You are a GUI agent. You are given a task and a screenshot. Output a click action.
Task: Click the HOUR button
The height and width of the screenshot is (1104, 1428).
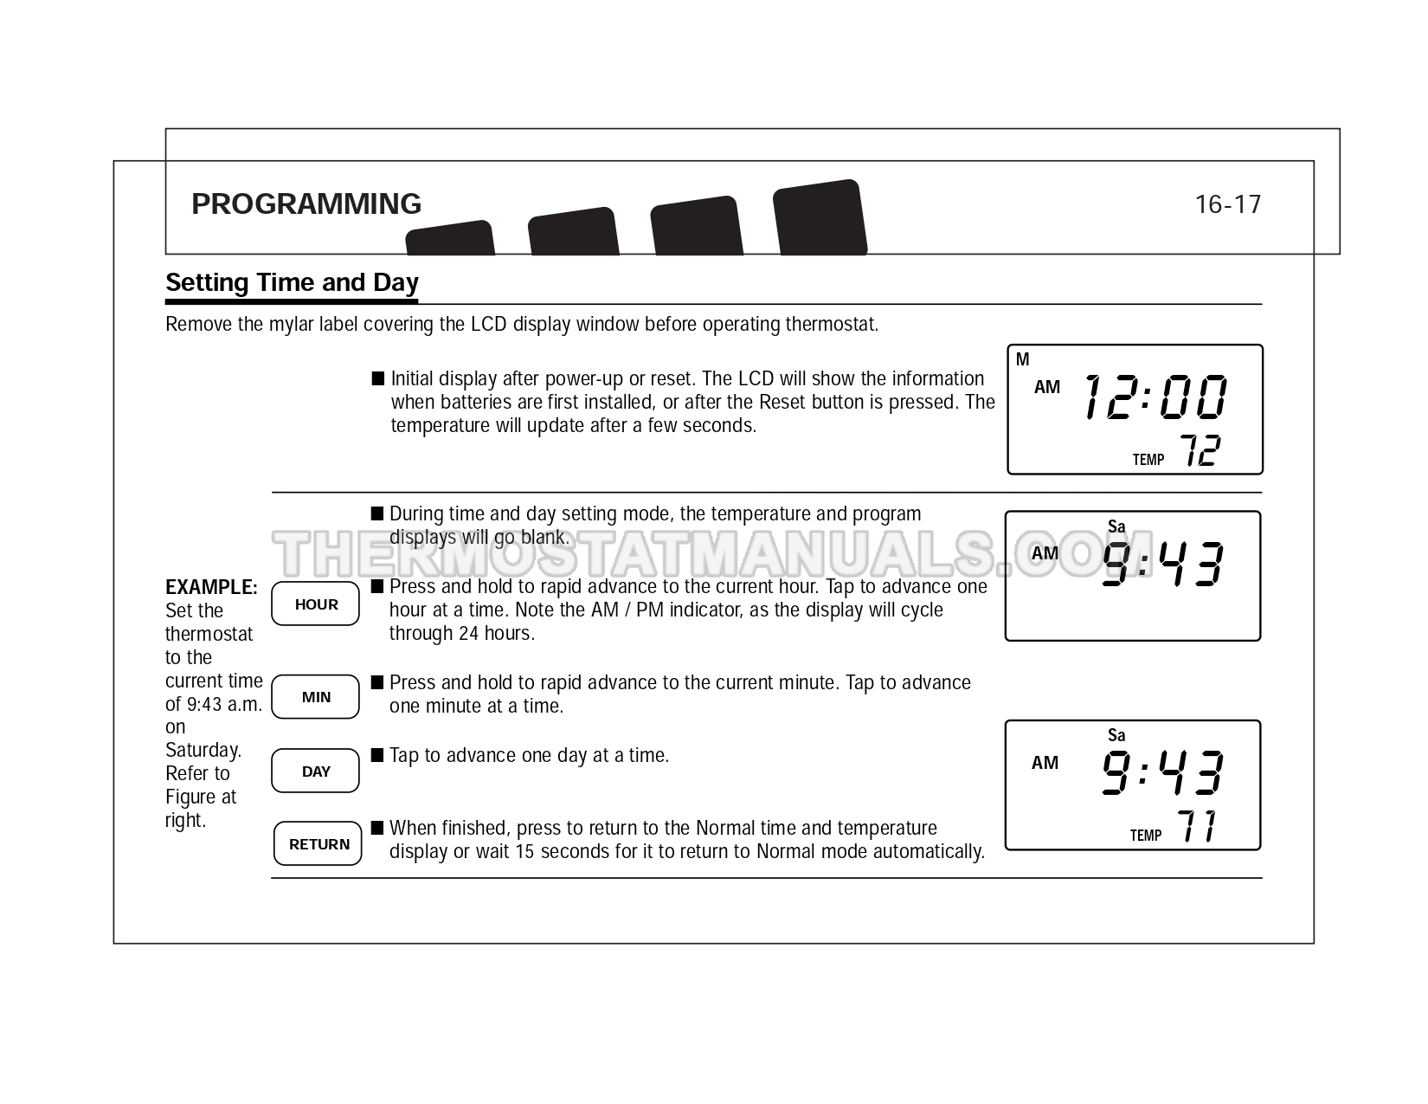[315, 603]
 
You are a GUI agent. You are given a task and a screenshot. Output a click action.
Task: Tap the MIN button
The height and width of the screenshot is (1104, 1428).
[315, 696]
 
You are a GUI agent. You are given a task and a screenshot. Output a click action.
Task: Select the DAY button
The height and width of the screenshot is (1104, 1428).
[315, 771]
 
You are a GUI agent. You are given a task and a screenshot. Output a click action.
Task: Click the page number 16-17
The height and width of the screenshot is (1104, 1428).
[1227, 204]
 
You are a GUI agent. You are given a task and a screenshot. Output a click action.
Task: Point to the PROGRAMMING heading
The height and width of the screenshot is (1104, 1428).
[306, 203]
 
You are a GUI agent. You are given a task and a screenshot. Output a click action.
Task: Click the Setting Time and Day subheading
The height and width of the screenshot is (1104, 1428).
[292, 282]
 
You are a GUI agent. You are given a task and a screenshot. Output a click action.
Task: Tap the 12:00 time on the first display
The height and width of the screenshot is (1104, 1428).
[1155, 397]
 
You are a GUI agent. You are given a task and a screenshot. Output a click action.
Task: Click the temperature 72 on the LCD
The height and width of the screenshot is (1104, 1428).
[1200, 450]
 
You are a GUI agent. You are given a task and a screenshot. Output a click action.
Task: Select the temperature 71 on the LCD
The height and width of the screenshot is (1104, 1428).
[1196, 826]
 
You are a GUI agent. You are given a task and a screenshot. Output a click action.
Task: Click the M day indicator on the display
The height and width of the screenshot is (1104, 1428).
[1023, 359]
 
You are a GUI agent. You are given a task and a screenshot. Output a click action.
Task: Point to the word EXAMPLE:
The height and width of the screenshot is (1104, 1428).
[211, 587]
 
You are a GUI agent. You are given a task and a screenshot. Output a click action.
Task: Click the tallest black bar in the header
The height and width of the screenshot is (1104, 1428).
[820, 217]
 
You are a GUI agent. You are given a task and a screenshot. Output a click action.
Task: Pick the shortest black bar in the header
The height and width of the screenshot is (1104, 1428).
[450, 237]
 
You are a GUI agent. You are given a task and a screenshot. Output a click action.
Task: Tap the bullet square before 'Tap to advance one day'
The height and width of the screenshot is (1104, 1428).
[377, 754]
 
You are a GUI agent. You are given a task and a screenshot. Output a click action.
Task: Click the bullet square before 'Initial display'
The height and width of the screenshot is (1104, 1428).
[378, 378]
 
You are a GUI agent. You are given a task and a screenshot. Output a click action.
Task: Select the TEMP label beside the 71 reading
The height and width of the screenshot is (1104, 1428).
[1145, 835]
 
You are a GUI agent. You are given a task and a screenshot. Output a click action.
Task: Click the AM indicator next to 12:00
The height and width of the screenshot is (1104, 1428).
[1047, 387]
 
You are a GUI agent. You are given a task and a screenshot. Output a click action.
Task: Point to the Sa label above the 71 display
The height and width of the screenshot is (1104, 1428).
[1116, 735]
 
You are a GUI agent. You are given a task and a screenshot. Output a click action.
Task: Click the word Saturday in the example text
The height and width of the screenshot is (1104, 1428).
[203, 750]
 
